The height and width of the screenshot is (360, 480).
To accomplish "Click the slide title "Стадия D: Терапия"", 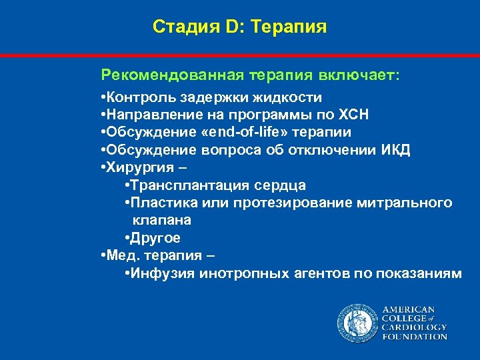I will coord(239,27).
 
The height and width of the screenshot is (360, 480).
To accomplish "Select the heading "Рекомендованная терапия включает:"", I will coord(250,75).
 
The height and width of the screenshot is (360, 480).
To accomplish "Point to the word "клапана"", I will coord(161,219).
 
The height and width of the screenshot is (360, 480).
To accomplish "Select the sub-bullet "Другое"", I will coord(155,237).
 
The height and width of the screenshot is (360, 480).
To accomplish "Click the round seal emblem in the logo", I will coord(357,322).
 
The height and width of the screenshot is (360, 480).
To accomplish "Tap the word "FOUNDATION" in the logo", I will coord(415,337).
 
